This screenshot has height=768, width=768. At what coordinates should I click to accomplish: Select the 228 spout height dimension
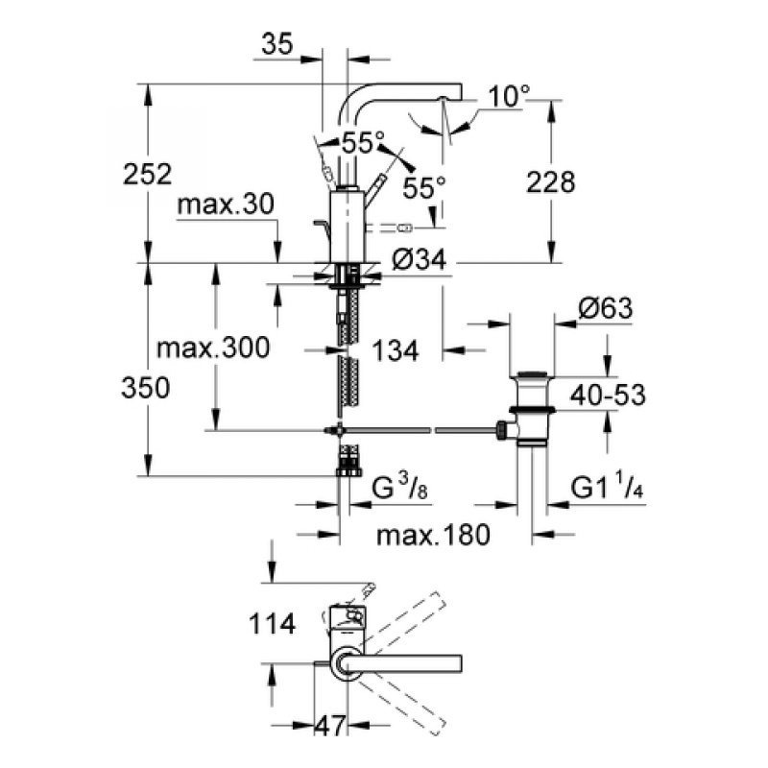pos(551,181)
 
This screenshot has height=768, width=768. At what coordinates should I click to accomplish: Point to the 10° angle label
pos(508,96)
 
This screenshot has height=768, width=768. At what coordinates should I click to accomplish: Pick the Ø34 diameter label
pos(420,259)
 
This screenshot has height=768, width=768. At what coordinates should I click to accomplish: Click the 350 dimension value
pos(146,388)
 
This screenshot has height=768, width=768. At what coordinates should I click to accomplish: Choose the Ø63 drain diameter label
pos(608,309)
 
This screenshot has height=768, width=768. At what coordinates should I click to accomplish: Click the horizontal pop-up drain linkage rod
pos(422,429)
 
